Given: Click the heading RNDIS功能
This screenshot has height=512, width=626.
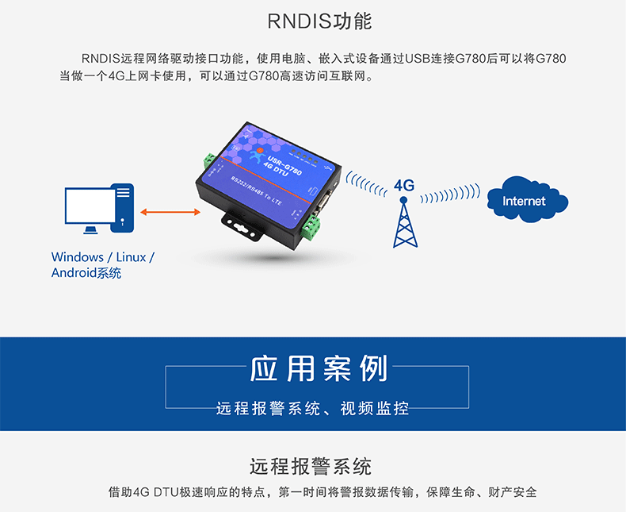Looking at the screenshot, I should pyautogui.click(x=319, y=21).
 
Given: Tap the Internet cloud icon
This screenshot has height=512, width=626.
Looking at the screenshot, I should pyautogui.click(x=524, y=200).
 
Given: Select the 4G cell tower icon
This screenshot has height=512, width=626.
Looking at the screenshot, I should pyautogui.click(x=404, y=221).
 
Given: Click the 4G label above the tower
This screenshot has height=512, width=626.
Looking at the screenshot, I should pyautogui.click(x=404, y=185).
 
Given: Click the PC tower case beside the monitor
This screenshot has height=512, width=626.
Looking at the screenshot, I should pyautogui.click(x=124, y=207).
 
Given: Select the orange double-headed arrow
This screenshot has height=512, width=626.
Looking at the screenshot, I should pyautogui.click(x=170, y=212).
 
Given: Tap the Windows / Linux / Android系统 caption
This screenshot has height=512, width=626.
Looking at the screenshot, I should pyautogui.click(x=102, y=265).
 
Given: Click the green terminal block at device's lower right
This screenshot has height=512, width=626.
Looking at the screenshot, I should pyautogui.click(x=312, y=229).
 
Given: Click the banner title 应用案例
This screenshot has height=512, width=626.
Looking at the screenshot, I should pyautogui.click(x=319, y=369).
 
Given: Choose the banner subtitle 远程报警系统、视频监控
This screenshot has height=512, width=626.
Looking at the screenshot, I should pyautogui.click(x=312, y=409).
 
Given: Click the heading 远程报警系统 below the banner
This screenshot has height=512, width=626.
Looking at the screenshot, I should pyautogui.click(x=311, y=466).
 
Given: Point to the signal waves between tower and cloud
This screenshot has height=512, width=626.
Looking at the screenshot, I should pyautogui.click(x=449, y=195).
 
